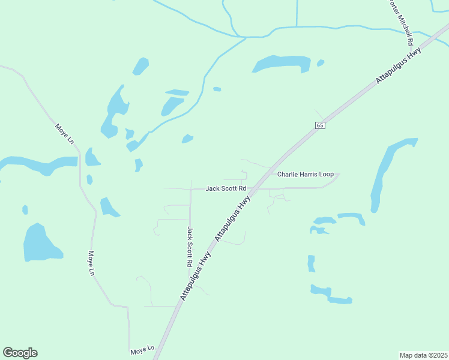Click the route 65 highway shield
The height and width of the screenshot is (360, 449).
click(319, 125)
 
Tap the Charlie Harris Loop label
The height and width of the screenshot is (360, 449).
click(305, 174)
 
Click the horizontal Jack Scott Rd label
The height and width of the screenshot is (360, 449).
click(226, 188)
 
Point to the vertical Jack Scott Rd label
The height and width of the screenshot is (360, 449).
click(189, 247)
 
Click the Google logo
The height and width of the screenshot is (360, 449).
click(20, 353)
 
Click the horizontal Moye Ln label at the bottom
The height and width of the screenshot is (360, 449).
click(142, 349)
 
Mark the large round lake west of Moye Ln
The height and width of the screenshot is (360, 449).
click(40, 243)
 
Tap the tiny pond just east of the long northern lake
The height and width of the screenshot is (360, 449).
click(321, 62)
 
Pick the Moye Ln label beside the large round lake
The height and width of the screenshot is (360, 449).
click(92, 263)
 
